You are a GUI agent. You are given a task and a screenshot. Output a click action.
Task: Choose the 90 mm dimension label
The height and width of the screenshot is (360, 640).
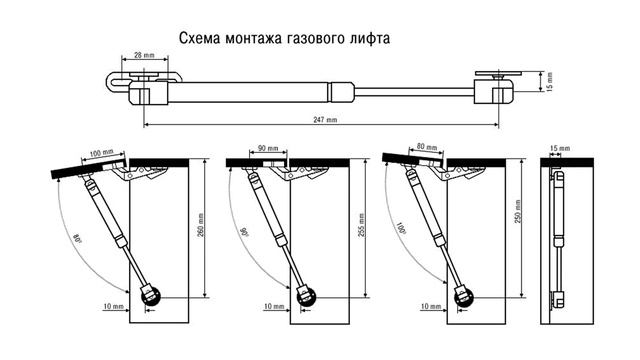click(x=267, y=148)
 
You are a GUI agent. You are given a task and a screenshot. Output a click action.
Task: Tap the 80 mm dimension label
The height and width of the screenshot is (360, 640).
click(x=427, y=148)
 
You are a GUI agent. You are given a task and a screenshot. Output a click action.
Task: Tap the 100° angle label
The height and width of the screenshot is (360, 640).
click(x=402, y=232)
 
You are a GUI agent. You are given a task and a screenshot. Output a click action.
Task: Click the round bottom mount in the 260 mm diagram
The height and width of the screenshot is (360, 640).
click(x=151, y=297)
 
